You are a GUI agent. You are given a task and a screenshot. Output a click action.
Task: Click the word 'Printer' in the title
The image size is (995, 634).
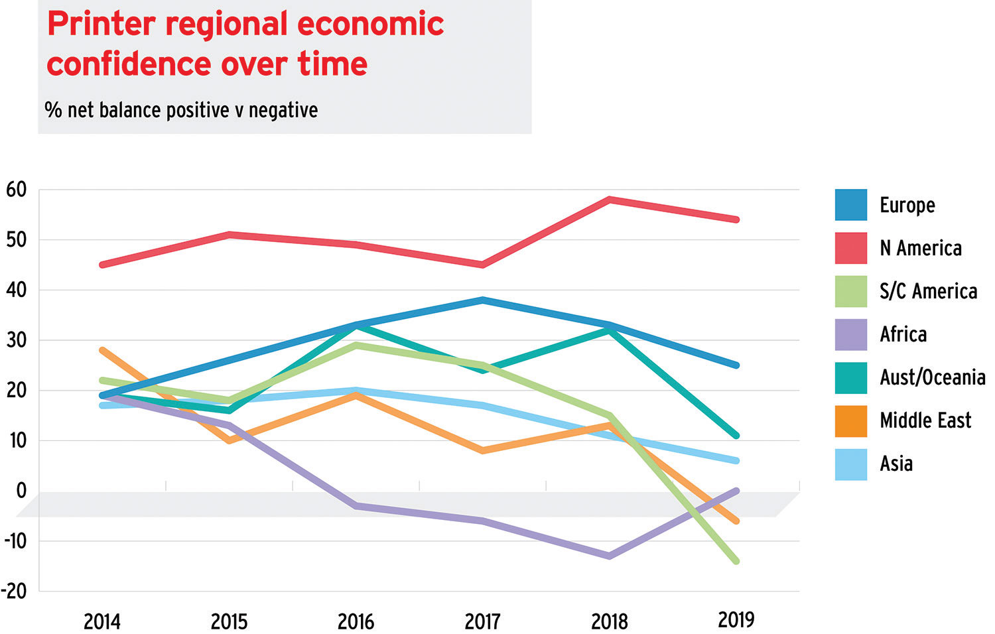(x=101, y=24)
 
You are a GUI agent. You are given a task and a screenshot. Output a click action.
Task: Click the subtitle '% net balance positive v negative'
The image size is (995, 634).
(x=181, y=109)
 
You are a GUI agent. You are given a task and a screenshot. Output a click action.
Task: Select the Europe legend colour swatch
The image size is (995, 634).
(x=850, y=205)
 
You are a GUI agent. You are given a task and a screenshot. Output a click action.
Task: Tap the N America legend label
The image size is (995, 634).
(x=920, y=248)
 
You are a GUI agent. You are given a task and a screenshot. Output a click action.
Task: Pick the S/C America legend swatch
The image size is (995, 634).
(x=850, y=291)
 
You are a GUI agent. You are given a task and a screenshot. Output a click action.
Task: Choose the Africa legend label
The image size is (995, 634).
(x=903, y=334)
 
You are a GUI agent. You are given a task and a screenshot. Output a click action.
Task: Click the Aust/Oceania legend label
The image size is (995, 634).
(x=932, y=377)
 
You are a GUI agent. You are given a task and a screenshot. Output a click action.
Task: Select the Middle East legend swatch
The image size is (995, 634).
(x=850, y=420)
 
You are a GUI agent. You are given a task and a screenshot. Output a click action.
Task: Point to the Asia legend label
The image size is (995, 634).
(x=895, y=464)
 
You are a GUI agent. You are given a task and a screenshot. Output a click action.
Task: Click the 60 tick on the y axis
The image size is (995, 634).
(x=17, y=190)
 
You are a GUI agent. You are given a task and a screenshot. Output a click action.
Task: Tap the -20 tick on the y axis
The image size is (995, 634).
(x=15, y=592)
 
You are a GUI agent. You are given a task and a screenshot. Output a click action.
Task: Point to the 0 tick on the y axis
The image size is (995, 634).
(x=21, y=491)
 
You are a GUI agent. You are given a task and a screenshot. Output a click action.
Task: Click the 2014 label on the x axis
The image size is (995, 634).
(x=102, y=621)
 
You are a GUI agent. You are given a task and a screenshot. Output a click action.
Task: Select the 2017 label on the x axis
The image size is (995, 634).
(x=483, y=621)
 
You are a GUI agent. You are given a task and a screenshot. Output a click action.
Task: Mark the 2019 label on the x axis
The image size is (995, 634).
(x=736, y=620)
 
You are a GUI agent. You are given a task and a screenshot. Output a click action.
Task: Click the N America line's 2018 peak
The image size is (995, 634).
(x=610, y=199)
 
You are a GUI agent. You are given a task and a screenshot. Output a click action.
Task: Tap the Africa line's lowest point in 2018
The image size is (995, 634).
(x=610, y=556)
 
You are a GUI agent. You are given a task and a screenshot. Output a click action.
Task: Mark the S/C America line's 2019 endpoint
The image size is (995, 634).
(x=736, y=561)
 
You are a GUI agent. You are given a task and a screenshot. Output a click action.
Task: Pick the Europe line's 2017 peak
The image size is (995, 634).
(x=483, y=300)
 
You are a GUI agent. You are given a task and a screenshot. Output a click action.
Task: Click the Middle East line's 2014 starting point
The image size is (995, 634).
(x=102, y=350)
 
